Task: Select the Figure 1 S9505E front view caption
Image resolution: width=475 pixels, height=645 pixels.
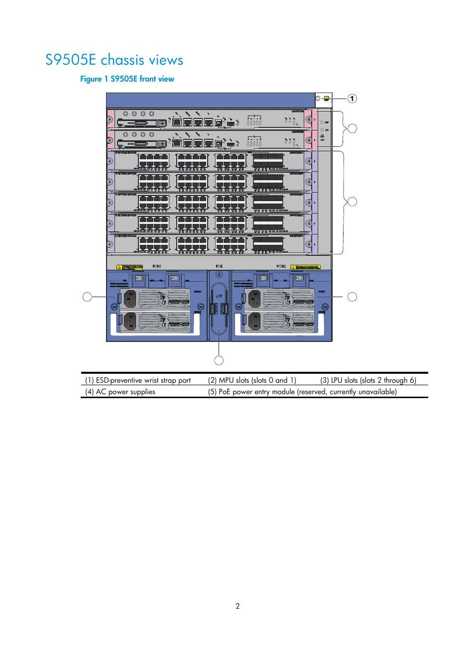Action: pos(127,79)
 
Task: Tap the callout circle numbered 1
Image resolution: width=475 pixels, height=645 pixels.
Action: pos(352,99)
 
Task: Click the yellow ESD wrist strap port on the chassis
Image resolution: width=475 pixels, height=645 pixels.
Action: pos(326,99)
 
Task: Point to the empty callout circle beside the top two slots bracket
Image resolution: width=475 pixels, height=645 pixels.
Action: pos(353,128)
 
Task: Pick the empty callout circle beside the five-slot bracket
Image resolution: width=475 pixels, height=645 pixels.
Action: pos(353,202)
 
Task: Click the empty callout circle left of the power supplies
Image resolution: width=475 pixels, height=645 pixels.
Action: pos(87,297)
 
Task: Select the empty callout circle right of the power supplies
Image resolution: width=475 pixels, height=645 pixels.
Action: pos(353,297)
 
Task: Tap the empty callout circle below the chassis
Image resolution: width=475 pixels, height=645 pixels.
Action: pos(219,360)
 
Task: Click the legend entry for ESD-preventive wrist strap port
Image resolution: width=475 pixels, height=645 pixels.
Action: pos(138,380)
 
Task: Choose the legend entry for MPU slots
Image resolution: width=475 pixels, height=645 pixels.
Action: pos(252,380)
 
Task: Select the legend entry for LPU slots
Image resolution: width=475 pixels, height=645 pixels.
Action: pos(368,380)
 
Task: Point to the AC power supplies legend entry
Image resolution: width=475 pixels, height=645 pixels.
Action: pos(120,392)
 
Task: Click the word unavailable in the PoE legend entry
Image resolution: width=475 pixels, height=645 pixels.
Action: pos(377,392)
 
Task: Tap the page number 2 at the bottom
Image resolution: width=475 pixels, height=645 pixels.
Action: pos(237,606)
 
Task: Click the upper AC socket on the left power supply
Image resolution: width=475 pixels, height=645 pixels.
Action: pos(130,299)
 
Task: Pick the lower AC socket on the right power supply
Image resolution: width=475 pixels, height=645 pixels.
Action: pos(254,321)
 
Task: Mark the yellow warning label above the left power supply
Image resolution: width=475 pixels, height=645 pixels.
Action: pos(129,267)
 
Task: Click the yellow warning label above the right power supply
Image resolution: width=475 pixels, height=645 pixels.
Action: pos(305,267)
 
